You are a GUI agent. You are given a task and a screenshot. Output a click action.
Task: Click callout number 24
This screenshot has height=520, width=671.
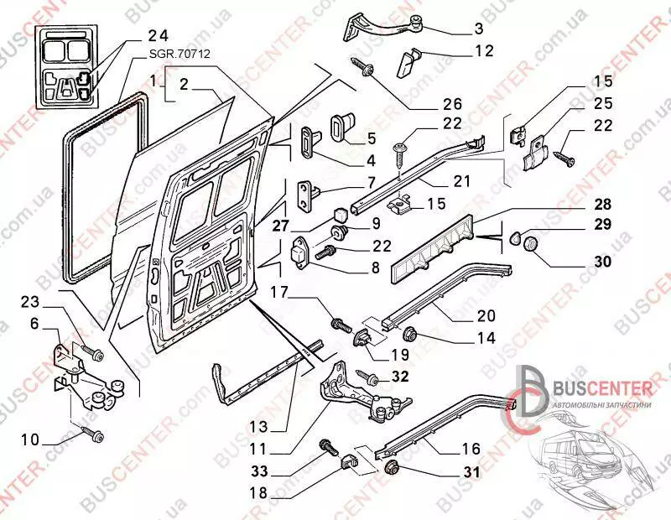(x=158, y=36)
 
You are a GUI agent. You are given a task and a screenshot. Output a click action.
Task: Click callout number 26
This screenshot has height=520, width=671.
(x=452, y=105)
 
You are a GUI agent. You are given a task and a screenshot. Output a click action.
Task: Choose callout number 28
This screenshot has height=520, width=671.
(x=604, y=204)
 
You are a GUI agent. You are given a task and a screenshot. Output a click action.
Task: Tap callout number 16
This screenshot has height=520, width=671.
(x=470, y=449)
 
